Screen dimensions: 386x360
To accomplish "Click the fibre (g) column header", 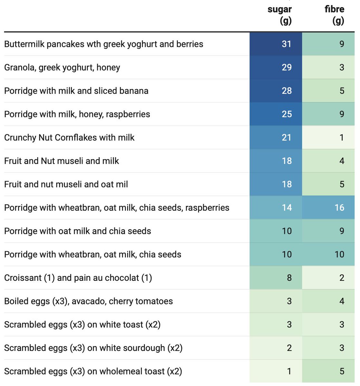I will (335, 15).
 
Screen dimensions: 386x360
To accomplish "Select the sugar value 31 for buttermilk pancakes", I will (286, 44).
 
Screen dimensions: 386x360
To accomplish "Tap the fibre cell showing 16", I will (339, 207).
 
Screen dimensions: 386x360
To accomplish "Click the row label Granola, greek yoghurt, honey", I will (62, 68).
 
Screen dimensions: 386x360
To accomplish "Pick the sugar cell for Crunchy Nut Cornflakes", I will (286, 138).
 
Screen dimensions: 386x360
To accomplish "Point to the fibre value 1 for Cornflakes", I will (342, 138).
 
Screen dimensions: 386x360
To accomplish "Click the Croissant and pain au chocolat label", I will (78, 278).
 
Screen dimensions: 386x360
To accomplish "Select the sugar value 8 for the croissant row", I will (289, 278).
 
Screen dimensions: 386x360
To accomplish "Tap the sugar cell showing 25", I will (286, 114).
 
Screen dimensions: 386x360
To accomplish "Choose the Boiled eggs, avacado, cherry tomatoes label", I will (89, 301).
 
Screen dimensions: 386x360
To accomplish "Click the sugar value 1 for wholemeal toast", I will (289, 372).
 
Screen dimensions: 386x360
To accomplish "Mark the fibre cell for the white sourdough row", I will (342, 348).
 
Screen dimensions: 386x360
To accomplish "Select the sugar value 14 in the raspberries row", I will (286, 207).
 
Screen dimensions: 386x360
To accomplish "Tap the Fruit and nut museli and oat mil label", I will (66, 184).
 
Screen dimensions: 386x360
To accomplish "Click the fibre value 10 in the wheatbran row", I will (339, 254).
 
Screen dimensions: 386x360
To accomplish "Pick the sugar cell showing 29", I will (286, 68).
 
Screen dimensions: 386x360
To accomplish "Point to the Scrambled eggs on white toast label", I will (82, 325).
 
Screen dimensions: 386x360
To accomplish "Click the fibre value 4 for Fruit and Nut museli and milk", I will (342, 161).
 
